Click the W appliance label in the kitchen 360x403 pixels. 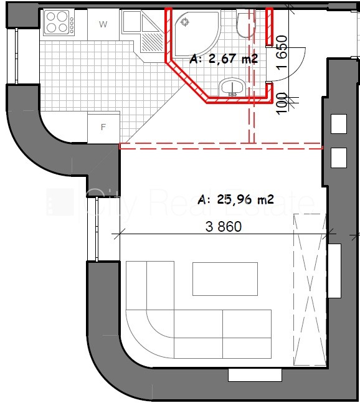(103, 24)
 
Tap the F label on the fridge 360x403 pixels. (103, 127)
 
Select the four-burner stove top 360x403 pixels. (59, 22)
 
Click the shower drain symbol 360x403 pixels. (184, 22)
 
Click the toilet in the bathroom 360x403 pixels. (245, 25)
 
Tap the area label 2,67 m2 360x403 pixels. (224, 59)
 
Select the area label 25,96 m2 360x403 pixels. (235, 199)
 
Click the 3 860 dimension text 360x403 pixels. (224, 227)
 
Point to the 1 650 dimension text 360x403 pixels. (282, 52)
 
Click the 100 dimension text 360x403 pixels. (282, 103)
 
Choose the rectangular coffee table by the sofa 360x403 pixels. (225, 279)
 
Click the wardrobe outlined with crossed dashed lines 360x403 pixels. (310, 290)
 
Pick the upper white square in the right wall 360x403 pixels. (339, 124)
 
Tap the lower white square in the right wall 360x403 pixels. (339, 158)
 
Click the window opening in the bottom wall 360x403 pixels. (255, 375)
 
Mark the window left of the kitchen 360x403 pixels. (16, 56)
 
